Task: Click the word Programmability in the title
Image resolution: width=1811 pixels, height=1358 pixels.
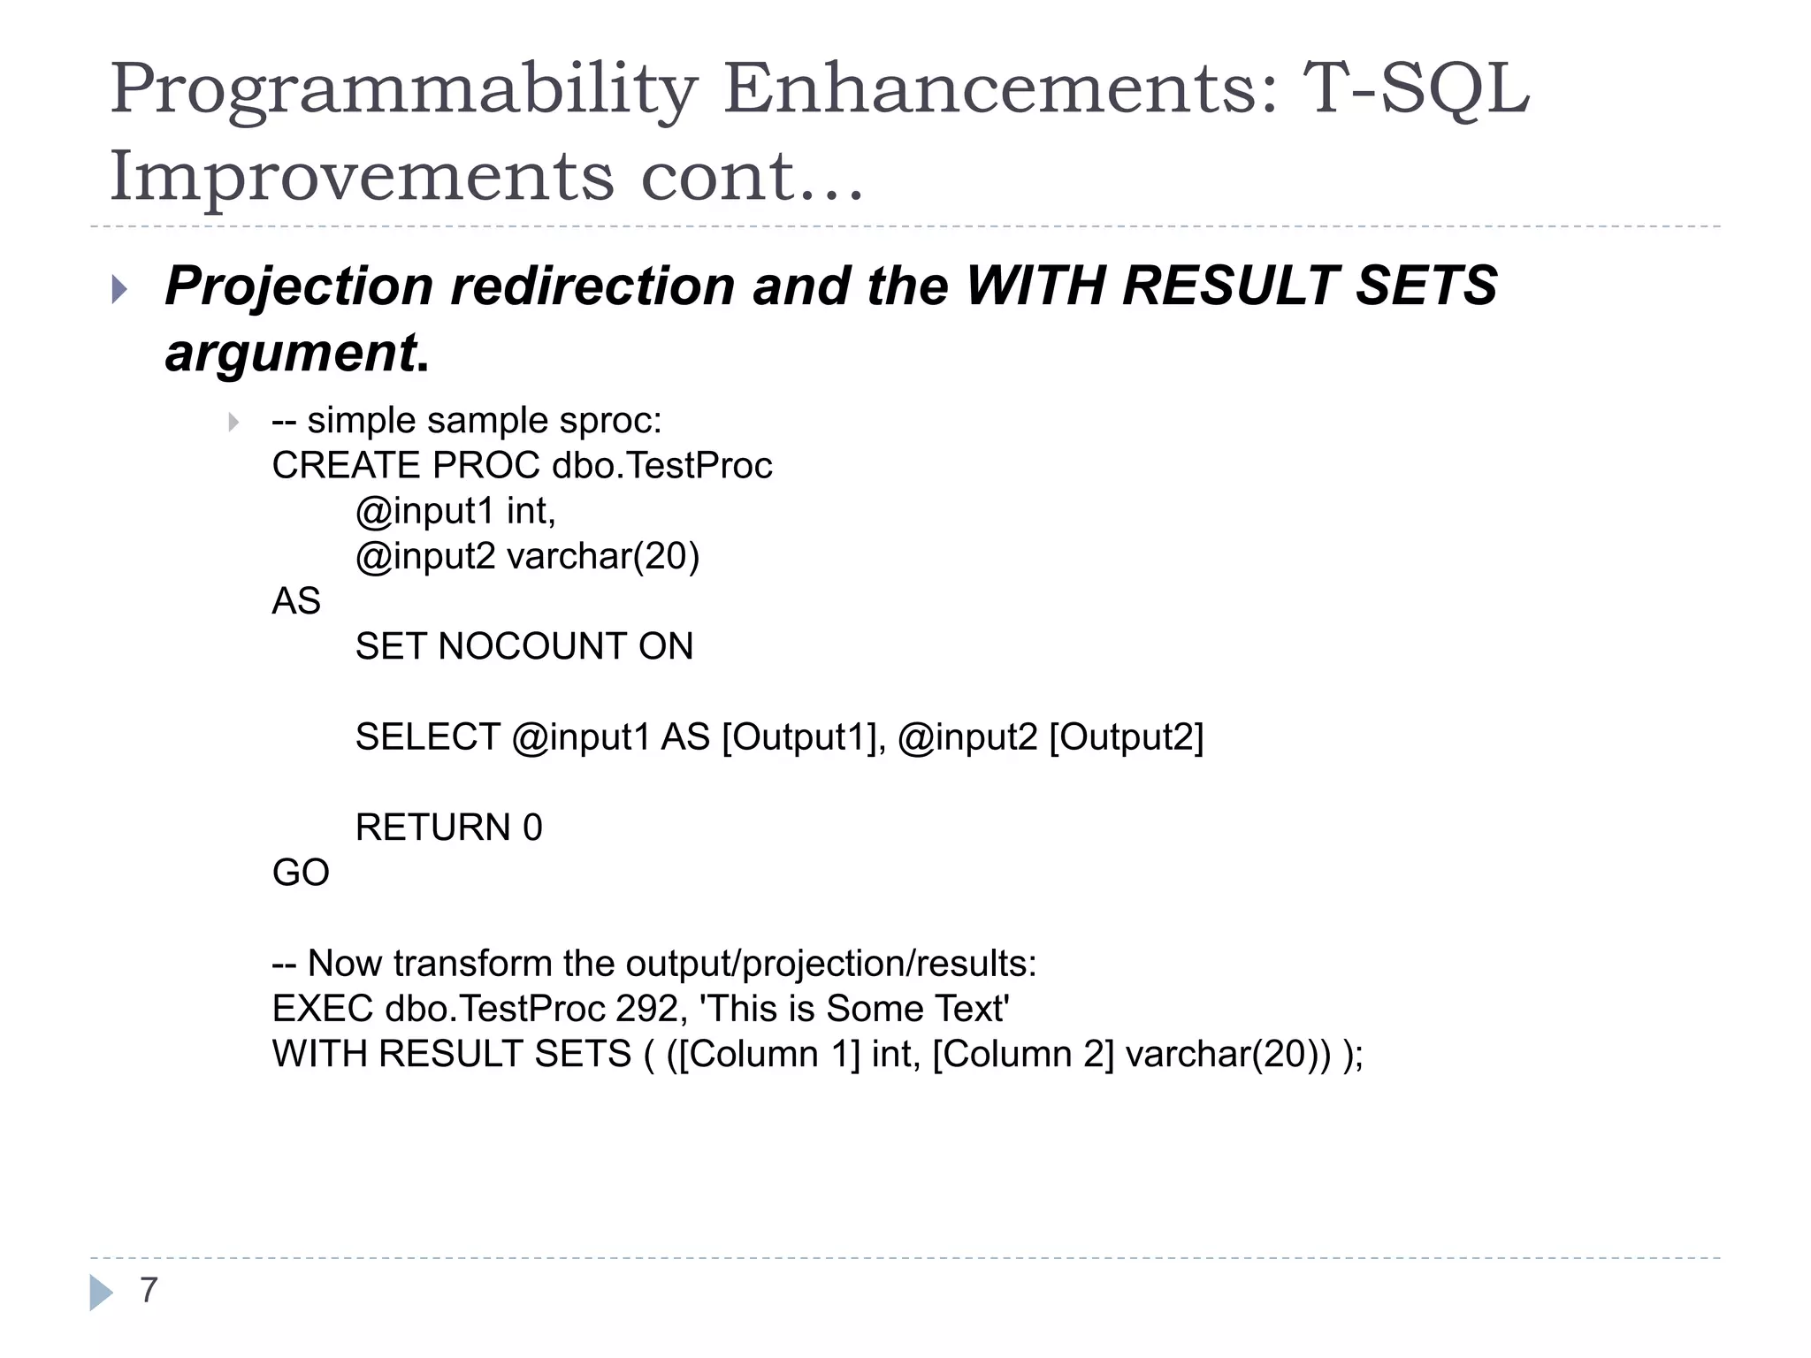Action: tap(403, 91)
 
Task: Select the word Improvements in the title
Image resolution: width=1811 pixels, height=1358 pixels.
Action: tap(361, 177)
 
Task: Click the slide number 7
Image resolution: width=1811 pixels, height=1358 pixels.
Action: tap(149, 1291)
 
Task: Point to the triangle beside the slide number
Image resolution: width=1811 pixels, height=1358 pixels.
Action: tap(101, 1293)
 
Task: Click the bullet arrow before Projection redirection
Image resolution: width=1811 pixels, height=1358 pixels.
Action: tap(120, 289)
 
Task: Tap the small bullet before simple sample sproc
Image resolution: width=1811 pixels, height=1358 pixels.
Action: tap(233, 422)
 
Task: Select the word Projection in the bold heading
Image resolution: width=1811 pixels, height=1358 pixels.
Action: tap(299, 287)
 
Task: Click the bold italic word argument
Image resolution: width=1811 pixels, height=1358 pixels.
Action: tap(290, 353)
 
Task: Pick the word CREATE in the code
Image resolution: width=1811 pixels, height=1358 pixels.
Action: tap(346, 466)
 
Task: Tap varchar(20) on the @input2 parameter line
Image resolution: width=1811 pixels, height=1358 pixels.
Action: tap(603, 557)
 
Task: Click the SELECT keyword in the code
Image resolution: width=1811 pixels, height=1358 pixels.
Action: tap(427, 737)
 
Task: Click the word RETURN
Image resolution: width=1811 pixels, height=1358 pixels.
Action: tap(432, 828)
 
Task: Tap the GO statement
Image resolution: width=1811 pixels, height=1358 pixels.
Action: tap(301, 874)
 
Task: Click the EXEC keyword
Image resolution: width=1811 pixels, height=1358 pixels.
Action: tap(323, 1009)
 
